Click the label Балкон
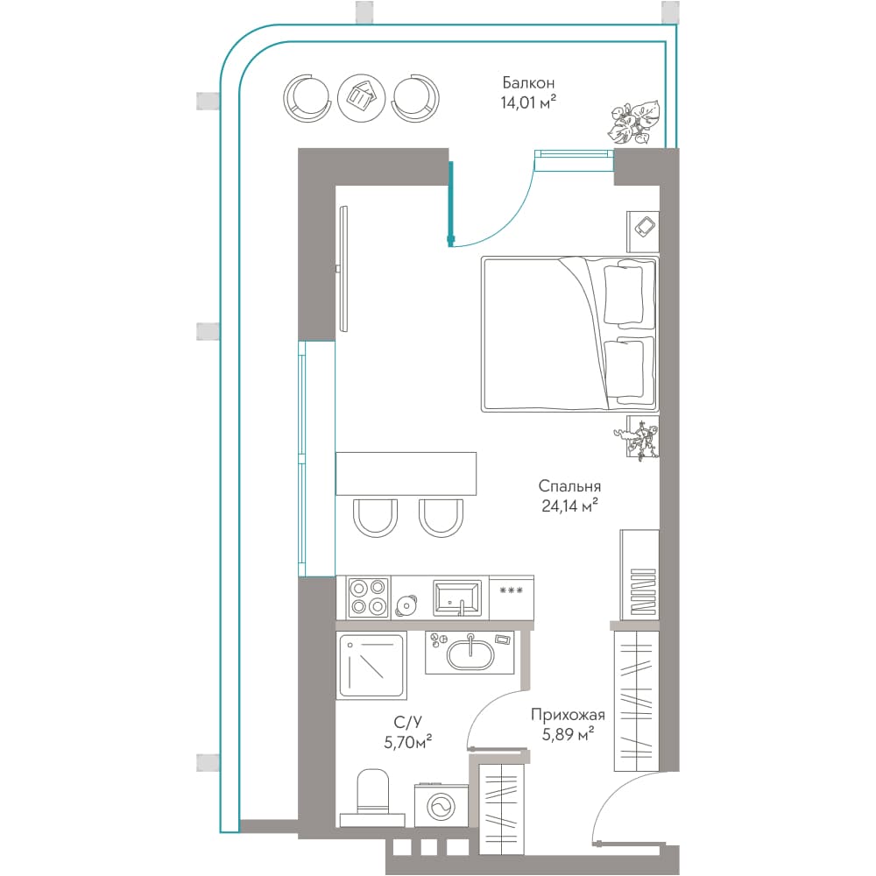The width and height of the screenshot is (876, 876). [528, 82]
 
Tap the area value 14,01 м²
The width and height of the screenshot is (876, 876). [528, 102]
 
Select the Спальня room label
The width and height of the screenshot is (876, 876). [569, 486]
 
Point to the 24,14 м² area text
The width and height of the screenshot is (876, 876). [569, 505]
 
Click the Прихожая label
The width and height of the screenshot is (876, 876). [568, 715]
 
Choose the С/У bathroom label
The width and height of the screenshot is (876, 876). [407, 723]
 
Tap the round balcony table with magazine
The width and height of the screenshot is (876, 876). [362, 97]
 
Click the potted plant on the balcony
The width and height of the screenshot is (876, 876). [633, 123]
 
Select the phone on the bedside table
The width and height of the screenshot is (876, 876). [646, 227]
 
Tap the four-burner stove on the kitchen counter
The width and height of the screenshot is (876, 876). [368, 597]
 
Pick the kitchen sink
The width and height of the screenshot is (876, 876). [457, 597]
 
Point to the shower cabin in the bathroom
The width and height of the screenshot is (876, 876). [371, 666]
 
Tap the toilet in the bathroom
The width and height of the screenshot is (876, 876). [372, 796]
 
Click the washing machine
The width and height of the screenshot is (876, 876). [442, 806]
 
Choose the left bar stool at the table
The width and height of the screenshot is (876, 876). [375, 518]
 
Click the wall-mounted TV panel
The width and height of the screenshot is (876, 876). [343, 269]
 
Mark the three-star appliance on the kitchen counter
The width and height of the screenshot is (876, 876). [512, 597]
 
